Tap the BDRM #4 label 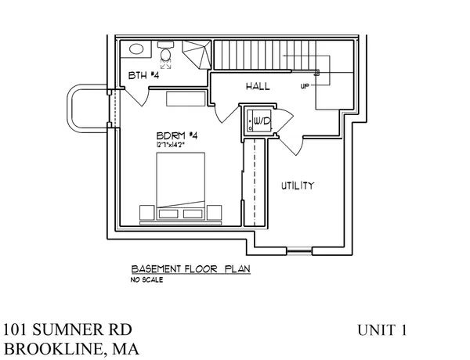(x=180, y=135)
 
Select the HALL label (x=258, y=85)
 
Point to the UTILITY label (x=298, y=185)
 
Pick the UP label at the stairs (x=304, y=86)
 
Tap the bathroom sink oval (x=136, y=49)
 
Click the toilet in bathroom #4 (x=166, y=52)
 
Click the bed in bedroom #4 (x=181, y=184)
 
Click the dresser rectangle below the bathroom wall (x=185, y=99)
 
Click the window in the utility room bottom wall (x=298, y=251)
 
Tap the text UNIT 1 (x=381, y=330)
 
